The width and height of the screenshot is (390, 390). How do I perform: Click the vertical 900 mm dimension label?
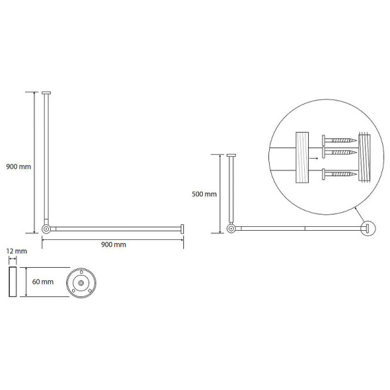coord(19,166)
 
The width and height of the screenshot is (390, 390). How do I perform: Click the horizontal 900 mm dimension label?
coord(113,244)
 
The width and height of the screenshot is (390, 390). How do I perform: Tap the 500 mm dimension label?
coord(204,194)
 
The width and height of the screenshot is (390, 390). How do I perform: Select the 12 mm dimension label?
coord(17,251)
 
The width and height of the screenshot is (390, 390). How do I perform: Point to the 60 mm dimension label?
coord(43,281)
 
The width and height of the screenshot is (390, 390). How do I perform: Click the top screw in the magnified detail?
coord(339,140)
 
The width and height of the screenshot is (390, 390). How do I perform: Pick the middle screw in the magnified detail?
coord(339,152)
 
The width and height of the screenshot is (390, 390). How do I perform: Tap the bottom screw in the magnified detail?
coord(339,174)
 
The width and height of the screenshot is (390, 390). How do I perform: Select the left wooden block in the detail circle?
coord(302,157)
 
